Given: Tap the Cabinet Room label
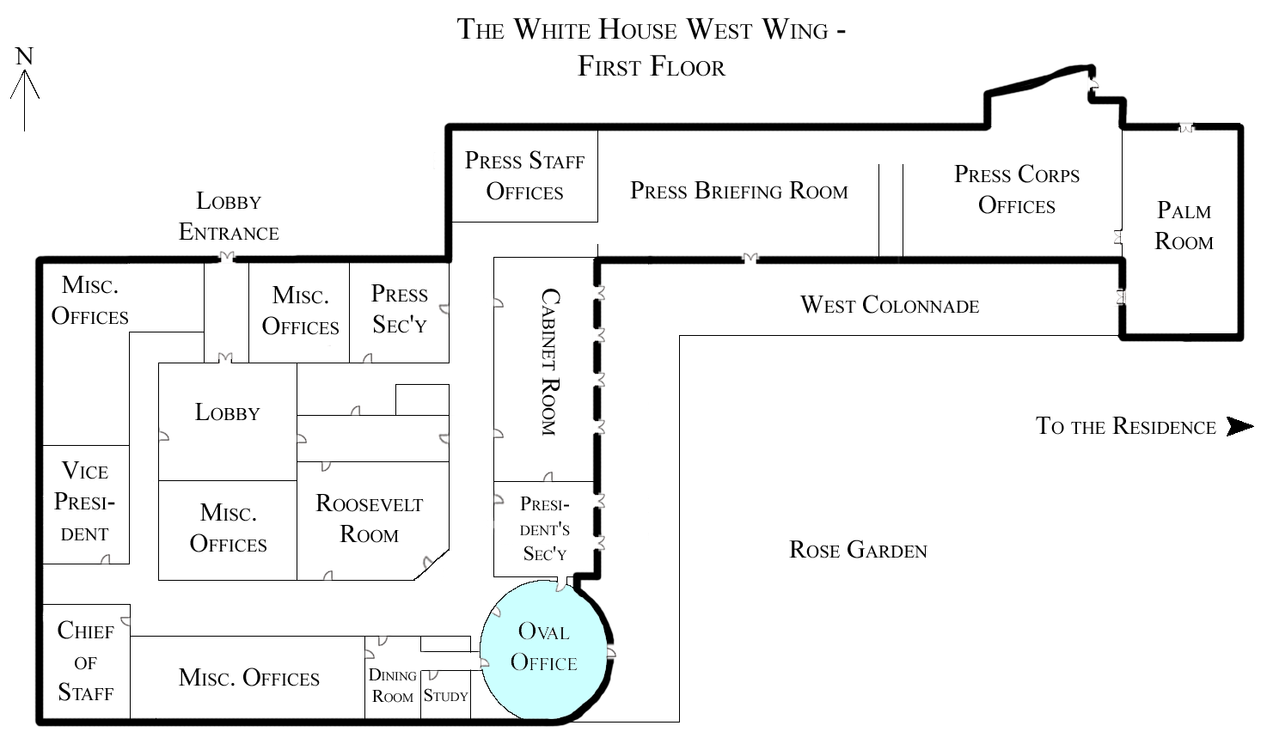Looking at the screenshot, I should pyautogui.click(x=549, y=362).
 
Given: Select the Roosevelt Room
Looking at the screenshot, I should pyautogui.click(x=370, y=519).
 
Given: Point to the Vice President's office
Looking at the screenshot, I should pyautogui.click(x=85, y=502).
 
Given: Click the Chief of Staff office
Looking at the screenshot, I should pyautogui.click(x=85, y=662).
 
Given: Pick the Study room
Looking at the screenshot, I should pyautogui.click(x=445, y=696).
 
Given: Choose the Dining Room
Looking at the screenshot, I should pyautogui.click(x=392, y=686).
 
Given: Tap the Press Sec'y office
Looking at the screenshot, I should pyautogui.click(x=399, y=309).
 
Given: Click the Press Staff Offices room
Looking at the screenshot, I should pyautogui.click(x=524, y=176).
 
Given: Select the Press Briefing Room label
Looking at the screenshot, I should pyautogui.click(x=738, y=191).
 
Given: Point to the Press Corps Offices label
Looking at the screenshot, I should pyautogui.click(x=1016, y=190).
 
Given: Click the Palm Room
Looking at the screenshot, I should pyautogui.click(x=1184, y=226).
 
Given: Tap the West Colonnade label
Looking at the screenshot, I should pyautogui.click(x=890, y=305).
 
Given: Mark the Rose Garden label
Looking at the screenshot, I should pyautogui.click(x=858, y=550).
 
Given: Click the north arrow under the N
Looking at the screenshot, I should pyautogui.click(x=25, y=99).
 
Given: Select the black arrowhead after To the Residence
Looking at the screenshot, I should pyautogui.click(x=1239, y=426).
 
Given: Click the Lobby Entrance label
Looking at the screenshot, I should pyautogui.click(x=229, y=216).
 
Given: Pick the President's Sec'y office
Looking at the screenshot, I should pyautogui.click(x=544, y=528).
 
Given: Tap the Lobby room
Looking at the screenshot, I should pyautogui.click(x=227, y=413).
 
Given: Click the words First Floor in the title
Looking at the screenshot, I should pyautogui.click(x=651, y=66).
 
